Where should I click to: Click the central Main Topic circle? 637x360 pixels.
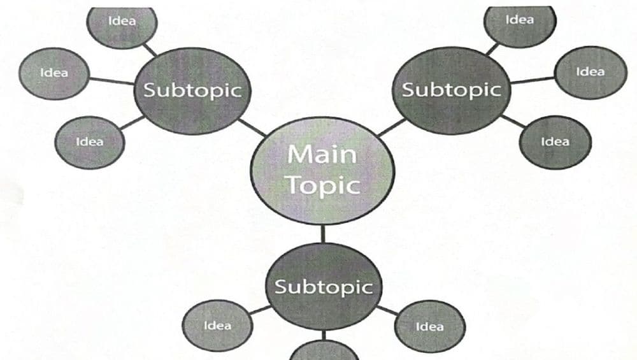tap(322, 171)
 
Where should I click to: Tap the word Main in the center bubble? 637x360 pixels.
tap(322, 155)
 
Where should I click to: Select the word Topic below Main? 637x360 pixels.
tap(324, 185)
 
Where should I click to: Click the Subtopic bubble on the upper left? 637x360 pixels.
tap(192, 90)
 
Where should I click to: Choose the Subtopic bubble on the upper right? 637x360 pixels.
tap(452, 90)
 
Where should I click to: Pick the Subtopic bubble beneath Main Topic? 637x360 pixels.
tap(324, 287)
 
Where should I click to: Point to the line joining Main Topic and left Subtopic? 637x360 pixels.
tap(252, 128)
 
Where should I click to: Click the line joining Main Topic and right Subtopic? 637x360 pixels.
tap(392, 127)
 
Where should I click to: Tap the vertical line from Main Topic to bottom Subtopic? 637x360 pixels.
tap(323, 234)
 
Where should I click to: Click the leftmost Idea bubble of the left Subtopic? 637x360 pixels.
tap(54, 73)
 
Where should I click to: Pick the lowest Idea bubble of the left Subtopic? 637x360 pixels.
tap(90, 143)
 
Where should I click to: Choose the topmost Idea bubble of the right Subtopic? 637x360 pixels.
tap(520, 22)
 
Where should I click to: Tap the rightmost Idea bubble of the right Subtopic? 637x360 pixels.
tap(590, 73)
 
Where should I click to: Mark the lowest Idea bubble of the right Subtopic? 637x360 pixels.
tap(555, 142)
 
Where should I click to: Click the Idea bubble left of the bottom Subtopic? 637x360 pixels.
tap(217, 326)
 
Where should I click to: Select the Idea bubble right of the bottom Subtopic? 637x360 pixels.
tap(430, 327)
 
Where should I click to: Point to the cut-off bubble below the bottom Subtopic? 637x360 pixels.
tap(324, 351)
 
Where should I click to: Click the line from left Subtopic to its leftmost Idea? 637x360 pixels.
tap(111, 81)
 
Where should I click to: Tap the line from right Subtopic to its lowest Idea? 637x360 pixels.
tap(513, 122)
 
